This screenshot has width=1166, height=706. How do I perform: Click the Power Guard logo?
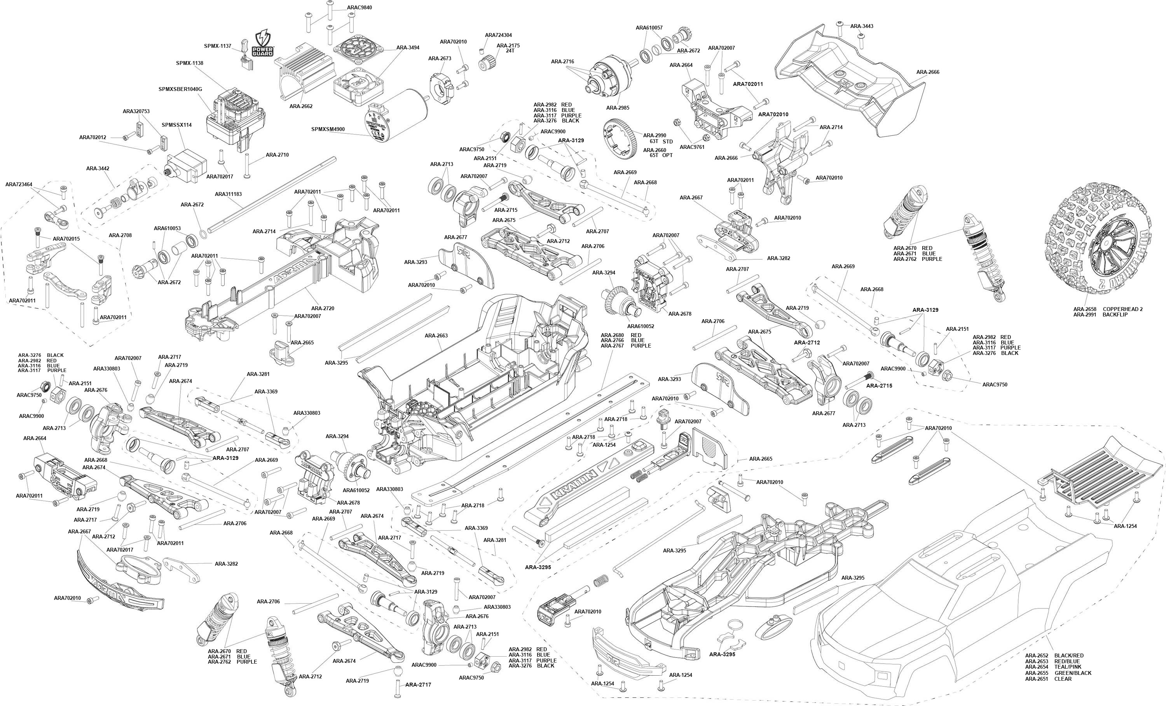pyautogui.click(x=263, y=43)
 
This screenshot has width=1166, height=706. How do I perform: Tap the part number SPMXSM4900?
pyautogui.click(x=328, y=129)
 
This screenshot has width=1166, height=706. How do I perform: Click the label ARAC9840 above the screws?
pyautogui.click(x=359, y=7)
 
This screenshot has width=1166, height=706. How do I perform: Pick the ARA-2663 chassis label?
pyautogui.click(x=436, y=336)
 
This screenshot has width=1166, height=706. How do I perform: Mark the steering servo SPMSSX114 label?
pyautogui.click(x=176, y=125)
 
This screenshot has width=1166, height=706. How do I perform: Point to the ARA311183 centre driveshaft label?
pyautogui.click(x=228, y=194)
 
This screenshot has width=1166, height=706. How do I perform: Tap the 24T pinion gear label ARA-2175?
pyautogui.click(x=508, y=45)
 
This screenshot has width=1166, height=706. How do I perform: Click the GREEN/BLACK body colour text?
pyautogui.click(x=1073, y=673)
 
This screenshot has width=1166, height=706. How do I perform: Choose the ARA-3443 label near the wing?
pyautogui.click(x=862, y=26)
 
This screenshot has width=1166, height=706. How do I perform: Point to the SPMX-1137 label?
pyautogui.click(x=218, y=46)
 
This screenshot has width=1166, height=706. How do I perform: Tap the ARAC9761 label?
pyautogui.click(x=692, y=147)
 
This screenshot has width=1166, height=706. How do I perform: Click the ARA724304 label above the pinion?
pyautogui.click(x=498, y=35)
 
